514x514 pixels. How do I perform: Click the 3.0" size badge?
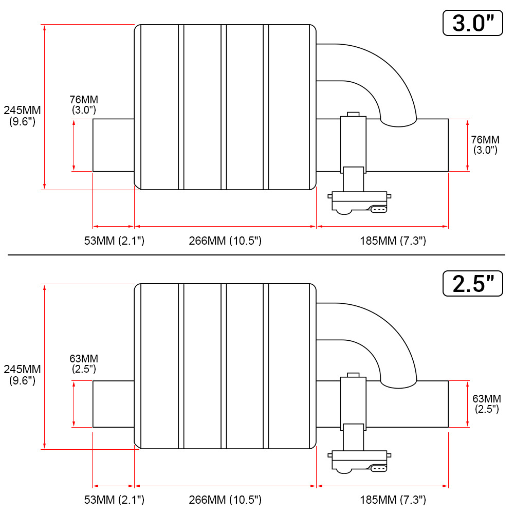tap(473, 23)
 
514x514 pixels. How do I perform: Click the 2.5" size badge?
tap(473, 284)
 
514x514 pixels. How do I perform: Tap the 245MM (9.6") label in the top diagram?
tap(22, 116)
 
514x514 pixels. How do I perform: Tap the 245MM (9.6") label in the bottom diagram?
tap(22, 375)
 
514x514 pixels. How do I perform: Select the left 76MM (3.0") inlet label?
tap(84, 104)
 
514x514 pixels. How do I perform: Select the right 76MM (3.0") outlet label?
tap(486, 144)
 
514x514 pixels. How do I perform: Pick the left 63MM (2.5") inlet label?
tap(84, 363)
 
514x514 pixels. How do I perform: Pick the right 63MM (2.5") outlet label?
tap(487, 403)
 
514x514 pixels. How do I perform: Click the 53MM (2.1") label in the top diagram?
tap(114, 241)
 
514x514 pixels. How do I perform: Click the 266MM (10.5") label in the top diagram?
tap(225, 241)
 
